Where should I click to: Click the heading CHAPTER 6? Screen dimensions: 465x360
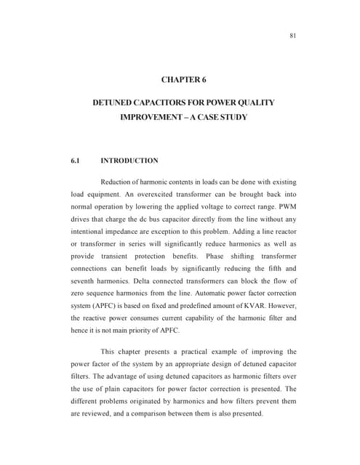[184, 78]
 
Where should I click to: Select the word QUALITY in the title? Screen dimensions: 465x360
[255, 103]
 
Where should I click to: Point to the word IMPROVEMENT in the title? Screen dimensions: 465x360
[151, 117]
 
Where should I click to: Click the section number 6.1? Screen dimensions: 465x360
[69, 161]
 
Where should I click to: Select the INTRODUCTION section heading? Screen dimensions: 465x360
[129, 161]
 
